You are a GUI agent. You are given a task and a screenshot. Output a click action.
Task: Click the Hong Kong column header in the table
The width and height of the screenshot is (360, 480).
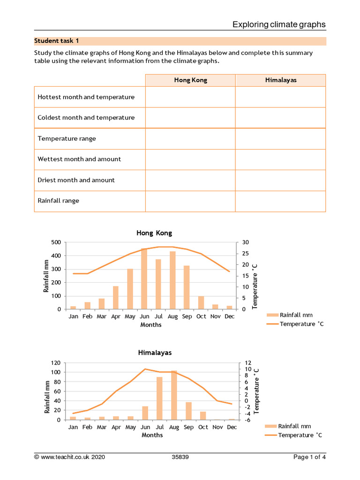190,80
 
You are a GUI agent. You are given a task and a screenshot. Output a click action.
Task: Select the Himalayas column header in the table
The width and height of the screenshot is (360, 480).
280,80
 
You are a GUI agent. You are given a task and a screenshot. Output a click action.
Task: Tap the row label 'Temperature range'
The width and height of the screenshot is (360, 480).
67,139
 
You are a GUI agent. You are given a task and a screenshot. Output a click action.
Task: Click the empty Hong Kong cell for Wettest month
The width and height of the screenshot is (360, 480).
190,159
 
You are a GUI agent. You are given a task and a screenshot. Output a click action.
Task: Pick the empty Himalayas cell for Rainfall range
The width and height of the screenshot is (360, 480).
280,201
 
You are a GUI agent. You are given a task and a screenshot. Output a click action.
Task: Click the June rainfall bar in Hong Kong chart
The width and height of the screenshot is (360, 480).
144,278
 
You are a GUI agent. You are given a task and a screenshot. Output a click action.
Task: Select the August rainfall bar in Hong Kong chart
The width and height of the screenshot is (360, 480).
172,280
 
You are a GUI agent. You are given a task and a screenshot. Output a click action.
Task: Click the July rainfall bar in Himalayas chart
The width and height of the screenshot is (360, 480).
159,398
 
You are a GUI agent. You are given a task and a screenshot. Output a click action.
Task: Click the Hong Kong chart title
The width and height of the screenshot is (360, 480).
154,233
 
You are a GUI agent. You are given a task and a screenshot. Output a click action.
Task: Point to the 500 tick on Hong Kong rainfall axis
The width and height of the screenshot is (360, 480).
56,242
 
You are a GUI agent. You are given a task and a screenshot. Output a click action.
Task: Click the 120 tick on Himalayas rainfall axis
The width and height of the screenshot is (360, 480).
56,363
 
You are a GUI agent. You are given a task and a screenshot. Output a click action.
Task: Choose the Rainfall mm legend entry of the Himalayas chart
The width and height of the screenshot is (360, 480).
294,426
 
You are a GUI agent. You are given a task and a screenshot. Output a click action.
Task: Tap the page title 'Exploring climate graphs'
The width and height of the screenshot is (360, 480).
279,24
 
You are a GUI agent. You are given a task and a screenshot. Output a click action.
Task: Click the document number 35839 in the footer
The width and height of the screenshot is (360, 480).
180,457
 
